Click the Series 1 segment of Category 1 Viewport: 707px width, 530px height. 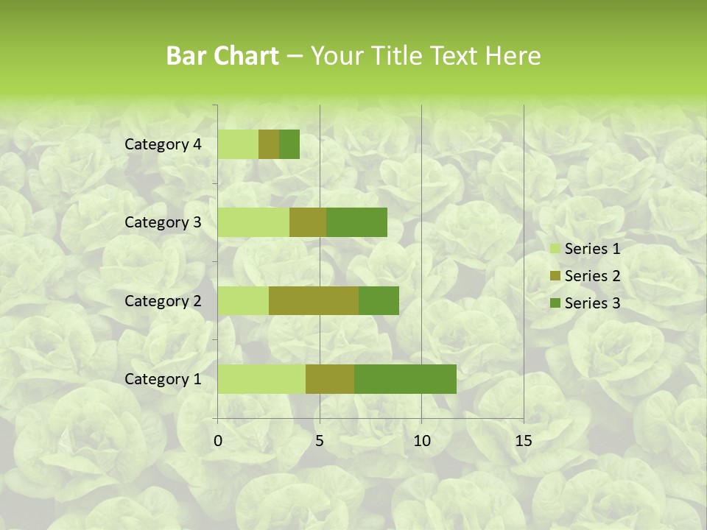click(x=261, y=379)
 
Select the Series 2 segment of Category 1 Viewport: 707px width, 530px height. click(x=330, y=379)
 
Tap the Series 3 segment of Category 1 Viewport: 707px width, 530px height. click(x=405, y=379)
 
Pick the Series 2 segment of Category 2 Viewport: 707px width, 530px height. click(x=314, y=300)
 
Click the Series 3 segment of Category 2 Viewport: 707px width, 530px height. click(x=379, y=300)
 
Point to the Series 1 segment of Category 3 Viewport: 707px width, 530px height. click(x=253, y=222)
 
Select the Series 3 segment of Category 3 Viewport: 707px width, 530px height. click(x=356, y=222)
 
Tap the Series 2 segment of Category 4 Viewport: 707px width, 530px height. click(x=269, y=144)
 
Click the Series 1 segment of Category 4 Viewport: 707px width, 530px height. click(x=238, y=144)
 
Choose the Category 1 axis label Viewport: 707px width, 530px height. click(x=163, y=379)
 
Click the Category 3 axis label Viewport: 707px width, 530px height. click(x=163, y=222)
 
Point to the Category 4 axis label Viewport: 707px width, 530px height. click(x=163, y=144)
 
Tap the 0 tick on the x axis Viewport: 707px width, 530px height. click(x=218, y=441)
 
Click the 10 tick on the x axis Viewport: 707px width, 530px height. click(x=421, y=441)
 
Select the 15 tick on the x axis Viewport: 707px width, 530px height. click(x=523, y=441)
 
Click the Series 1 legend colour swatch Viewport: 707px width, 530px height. click(x=555, y=249)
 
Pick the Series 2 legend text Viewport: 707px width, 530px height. click(x=592, y=276)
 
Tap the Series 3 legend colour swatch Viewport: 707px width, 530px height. click(x=555, y=303)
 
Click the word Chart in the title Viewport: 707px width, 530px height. click(x=248, y=56)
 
